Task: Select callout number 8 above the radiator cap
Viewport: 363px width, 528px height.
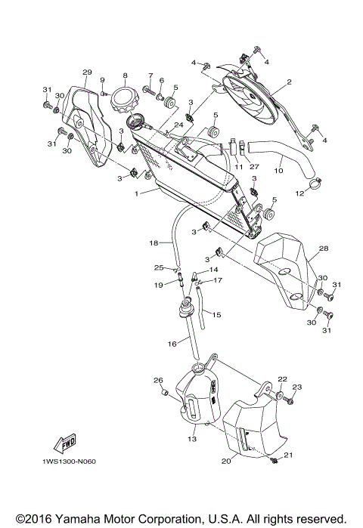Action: point(125,76)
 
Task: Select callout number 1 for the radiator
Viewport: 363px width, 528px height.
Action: point(136,193)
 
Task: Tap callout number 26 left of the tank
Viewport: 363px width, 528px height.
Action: point(159,380)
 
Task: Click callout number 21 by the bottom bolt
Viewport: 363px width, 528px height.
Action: point(287,455)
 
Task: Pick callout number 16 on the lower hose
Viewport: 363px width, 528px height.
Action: point(172,344)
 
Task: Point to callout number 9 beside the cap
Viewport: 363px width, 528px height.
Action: point(102,101)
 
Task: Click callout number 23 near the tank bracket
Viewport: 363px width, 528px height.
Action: point(297,388)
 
